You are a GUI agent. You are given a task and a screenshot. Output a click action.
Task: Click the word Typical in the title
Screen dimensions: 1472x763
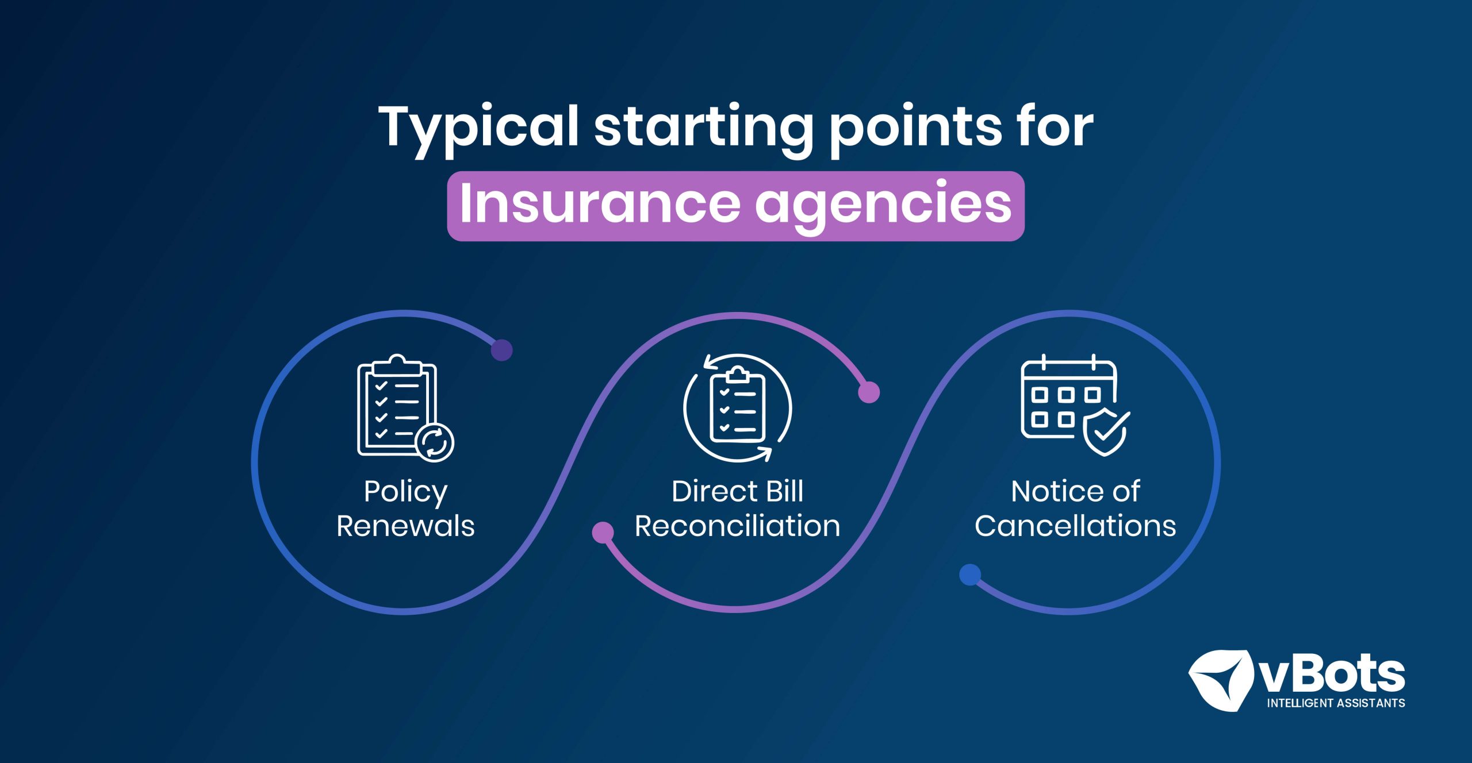click(478, 130)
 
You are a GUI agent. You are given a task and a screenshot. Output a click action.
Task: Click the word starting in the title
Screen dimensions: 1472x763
click(704, 130)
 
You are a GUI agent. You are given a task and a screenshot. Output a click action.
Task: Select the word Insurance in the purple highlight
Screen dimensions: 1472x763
click(599, 202)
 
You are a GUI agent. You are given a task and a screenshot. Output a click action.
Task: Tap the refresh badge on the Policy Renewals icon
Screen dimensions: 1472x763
click(435, 442)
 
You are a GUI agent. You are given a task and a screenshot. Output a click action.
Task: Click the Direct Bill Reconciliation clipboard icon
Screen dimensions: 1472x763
click(738, 408)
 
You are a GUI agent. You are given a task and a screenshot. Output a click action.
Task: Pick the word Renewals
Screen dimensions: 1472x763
click(406, 526)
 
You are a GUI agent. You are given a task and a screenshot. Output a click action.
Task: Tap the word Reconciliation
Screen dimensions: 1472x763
click(738, 526)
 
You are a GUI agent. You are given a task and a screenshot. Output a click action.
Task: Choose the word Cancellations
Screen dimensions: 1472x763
click(1075, 526)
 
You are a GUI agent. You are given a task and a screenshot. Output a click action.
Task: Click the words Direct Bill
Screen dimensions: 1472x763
click(738, 491)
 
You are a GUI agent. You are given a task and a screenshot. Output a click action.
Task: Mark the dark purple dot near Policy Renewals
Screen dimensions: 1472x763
click(502, 350)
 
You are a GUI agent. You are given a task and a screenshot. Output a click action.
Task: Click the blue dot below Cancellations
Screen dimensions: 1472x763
click(970, 575)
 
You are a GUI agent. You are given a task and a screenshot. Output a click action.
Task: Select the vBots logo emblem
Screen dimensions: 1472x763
click(1220, 680)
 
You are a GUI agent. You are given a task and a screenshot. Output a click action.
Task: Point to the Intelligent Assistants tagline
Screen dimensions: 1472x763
click(1336, 703)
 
